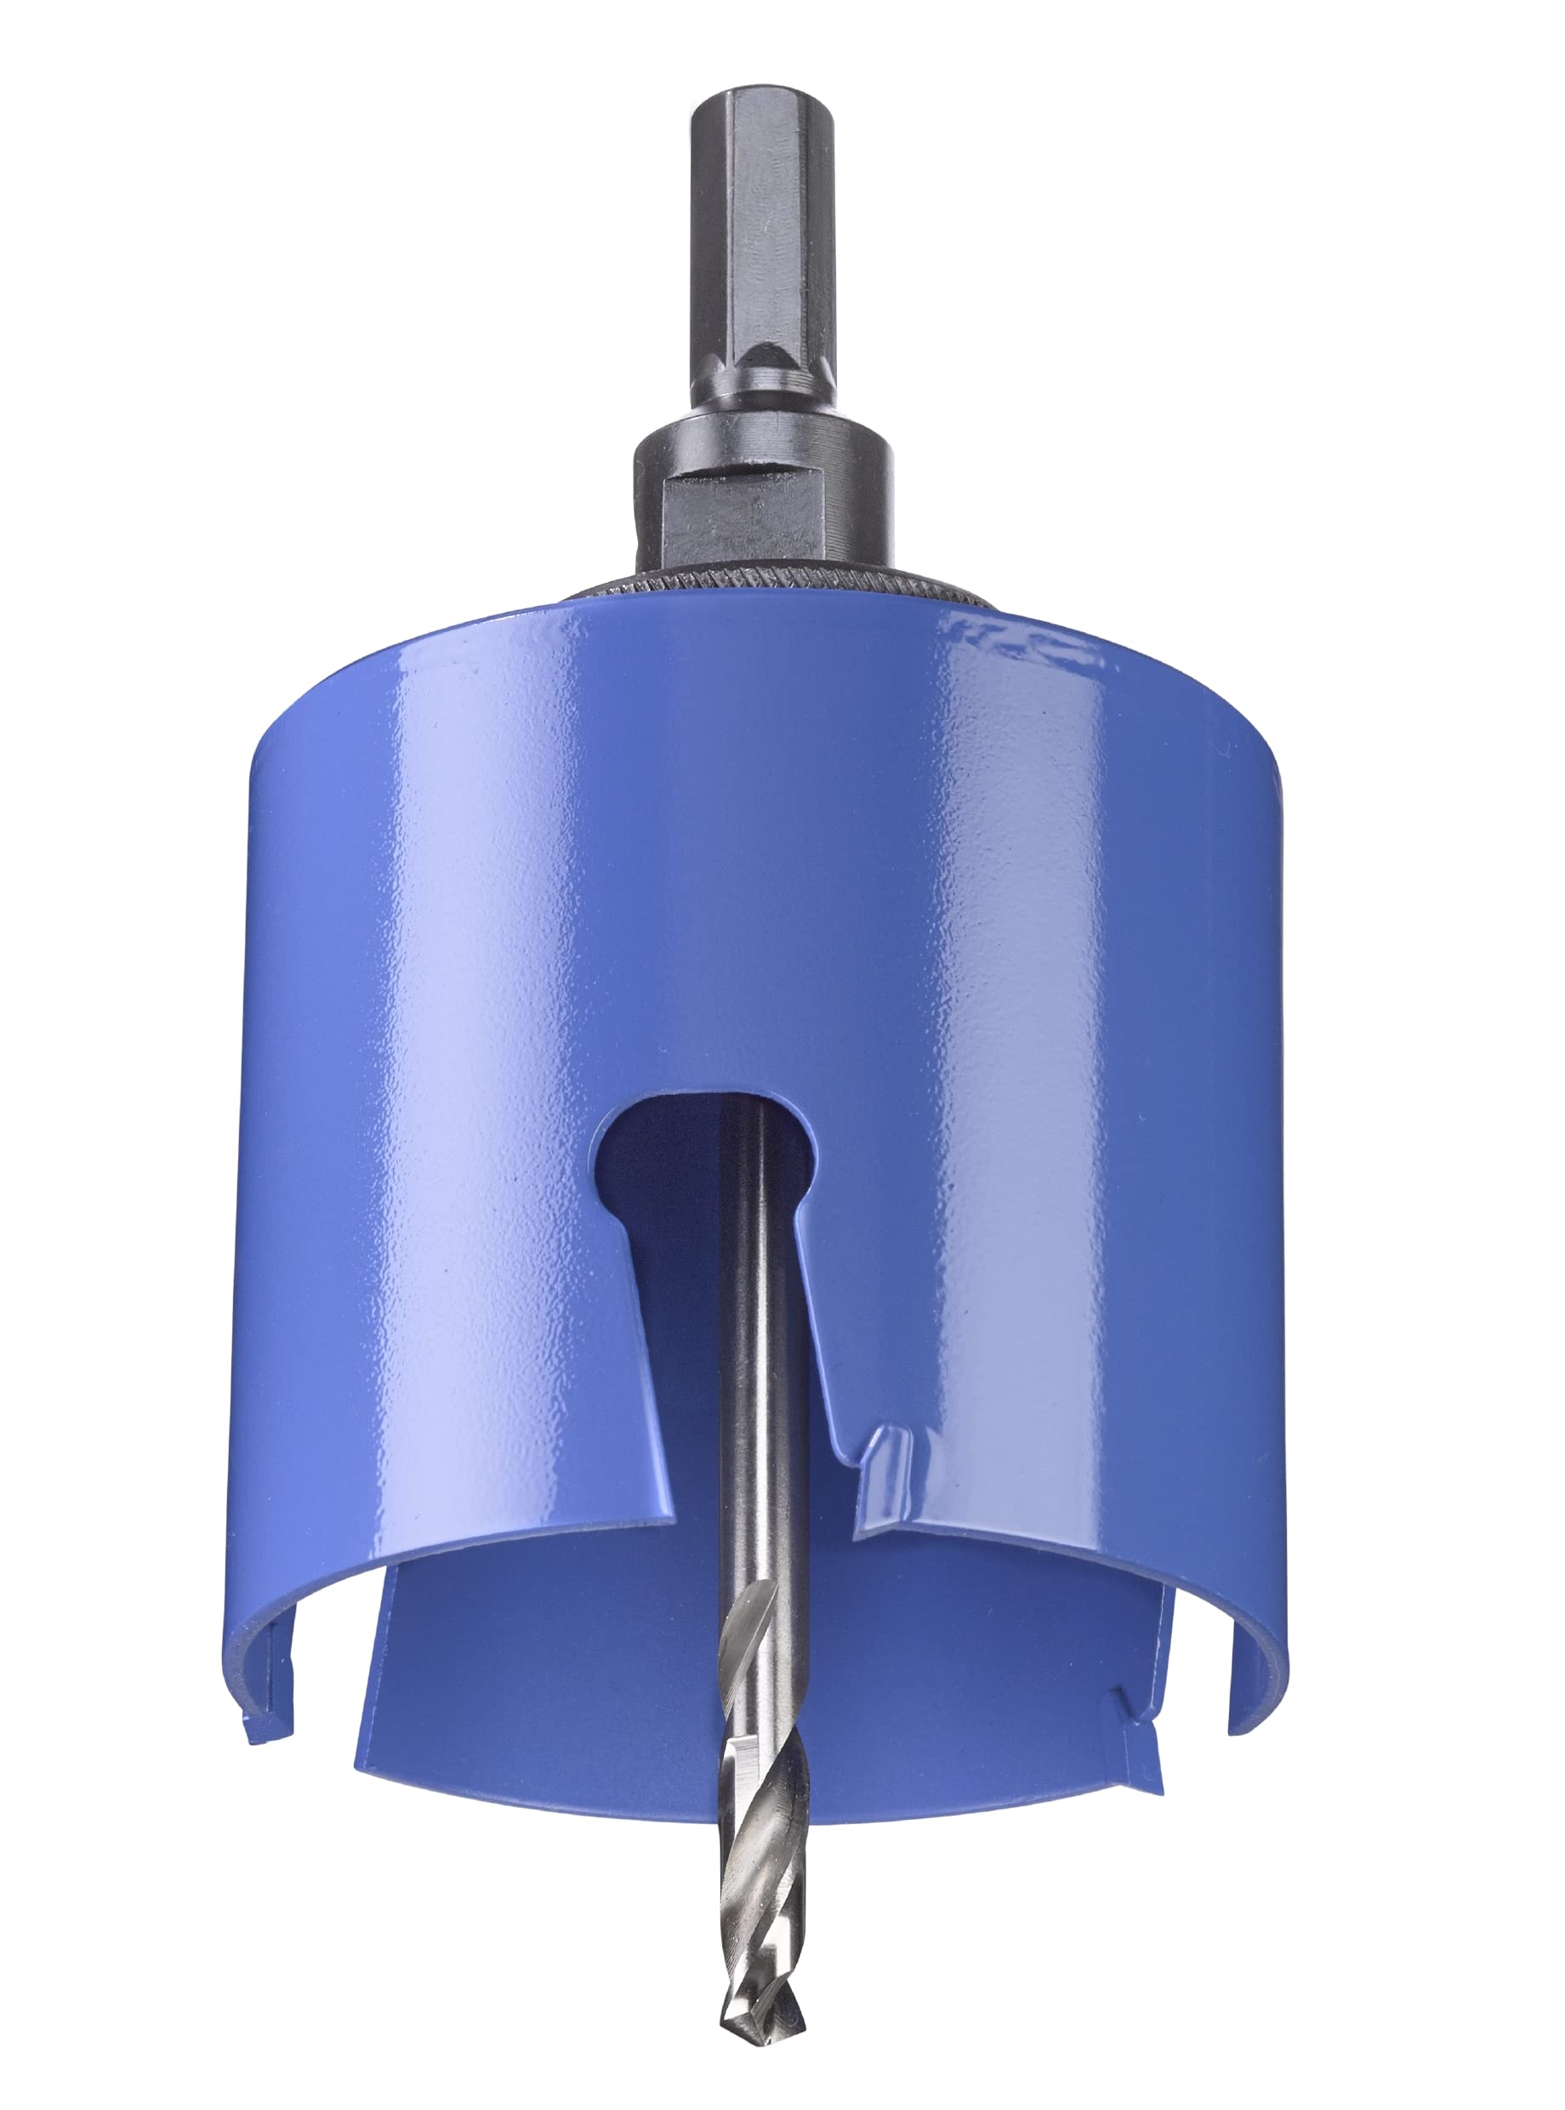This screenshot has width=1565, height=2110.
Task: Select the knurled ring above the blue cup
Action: click(777, 581)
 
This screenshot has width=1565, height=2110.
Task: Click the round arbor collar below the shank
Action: click(763, 445)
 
